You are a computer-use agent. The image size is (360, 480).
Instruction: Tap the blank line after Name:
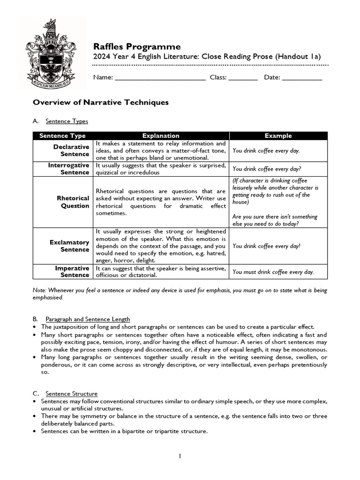tap(160, 78)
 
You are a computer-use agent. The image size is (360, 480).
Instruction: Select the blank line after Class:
tap(243, 78)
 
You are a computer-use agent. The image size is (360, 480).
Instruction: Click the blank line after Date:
tap(302, 78)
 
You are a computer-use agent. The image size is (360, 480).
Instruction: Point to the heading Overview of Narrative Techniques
tap(100, 102)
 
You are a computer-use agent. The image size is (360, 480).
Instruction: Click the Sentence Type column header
tap(62, 136)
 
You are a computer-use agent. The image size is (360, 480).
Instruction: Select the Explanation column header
tap(161, 136)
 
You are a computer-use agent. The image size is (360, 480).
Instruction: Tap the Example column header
tap(278, 136)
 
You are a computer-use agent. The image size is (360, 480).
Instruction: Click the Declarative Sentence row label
tap(71, 150)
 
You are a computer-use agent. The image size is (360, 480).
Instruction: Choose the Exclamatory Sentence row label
tap(69, 246)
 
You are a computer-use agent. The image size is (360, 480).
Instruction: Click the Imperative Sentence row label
tap(72, 271)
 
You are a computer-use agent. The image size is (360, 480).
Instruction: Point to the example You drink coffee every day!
tap(266, 246)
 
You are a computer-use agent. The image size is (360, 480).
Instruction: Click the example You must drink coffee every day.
tap(273, 272)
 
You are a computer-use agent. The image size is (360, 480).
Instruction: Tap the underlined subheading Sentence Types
tap(67, 121)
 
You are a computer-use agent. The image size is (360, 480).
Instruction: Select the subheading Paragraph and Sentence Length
tap(88, 319)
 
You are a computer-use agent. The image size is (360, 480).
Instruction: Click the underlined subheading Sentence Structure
tap(71, 393)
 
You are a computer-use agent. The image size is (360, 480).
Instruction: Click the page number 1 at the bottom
tap(180, 456)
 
